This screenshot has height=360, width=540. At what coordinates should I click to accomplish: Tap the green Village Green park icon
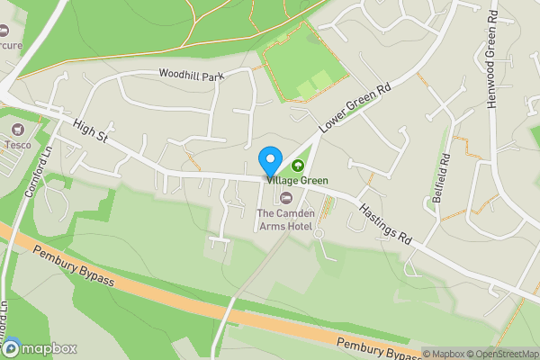[297, 166]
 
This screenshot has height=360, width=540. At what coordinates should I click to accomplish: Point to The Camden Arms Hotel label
[284, 220]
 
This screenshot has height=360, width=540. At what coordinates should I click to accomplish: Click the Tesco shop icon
[16, 129]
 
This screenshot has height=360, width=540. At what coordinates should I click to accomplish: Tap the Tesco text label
[17, 144]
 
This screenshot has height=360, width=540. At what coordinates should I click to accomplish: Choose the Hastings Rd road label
[385, 223]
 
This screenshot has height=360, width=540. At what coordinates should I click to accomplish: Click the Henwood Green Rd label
[492, 59]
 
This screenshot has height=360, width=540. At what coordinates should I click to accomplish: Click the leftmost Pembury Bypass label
[75, 267]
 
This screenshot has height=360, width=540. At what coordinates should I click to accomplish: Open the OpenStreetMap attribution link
[502, 354]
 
